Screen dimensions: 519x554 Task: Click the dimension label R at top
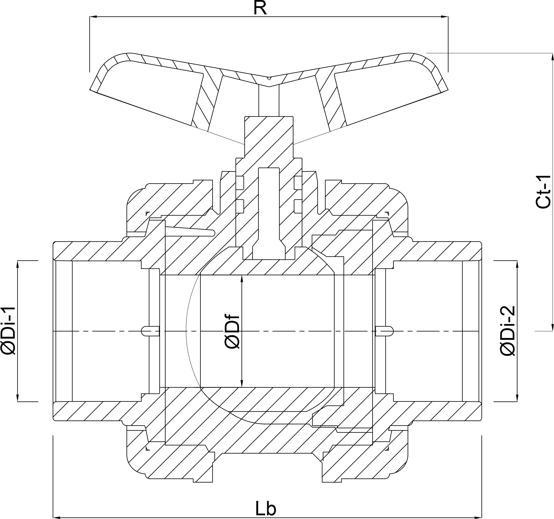260,8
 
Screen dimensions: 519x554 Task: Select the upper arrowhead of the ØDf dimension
242,278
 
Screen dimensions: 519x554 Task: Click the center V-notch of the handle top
269,78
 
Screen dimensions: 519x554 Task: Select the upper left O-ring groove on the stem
240,183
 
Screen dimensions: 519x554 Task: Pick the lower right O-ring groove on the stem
298,207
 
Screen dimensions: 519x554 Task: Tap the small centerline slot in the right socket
385,331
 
